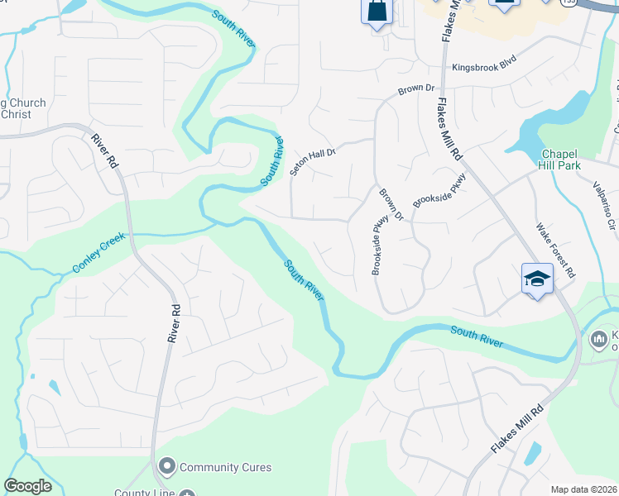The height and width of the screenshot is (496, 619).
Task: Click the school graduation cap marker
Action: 536,280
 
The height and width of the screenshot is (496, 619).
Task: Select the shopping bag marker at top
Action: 377,12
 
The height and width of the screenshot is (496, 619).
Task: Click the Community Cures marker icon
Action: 167,467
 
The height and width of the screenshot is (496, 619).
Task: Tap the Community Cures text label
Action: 225,467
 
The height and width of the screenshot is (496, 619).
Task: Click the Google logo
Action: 27,486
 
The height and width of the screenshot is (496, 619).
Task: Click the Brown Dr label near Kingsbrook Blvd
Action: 415,88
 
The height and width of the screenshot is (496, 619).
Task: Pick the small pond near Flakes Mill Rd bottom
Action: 534,454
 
